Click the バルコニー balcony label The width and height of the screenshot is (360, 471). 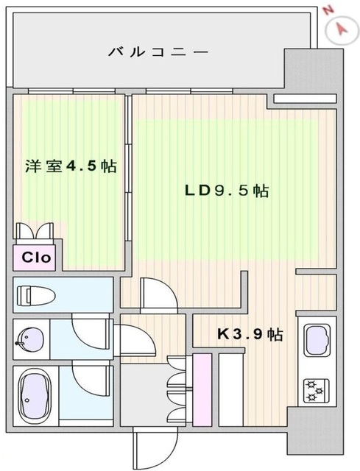click(x=158, y=52)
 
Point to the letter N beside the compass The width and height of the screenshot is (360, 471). click(x=328, y=12)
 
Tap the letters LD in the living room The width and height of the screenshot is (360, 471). click(x=197, y=191)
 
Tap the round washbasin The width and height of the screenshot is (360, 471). click(x=29, y=339)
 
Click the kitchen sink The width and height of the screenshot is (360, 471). click(x=318, y=340)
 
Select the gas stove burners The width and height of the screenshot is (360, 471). click(x=318, y=388)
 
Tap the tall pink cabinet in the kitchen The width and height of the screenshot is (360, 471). click(x=200, y=389)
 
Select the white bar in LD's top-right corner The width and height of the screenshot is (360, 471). click(x=301, y=97)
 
